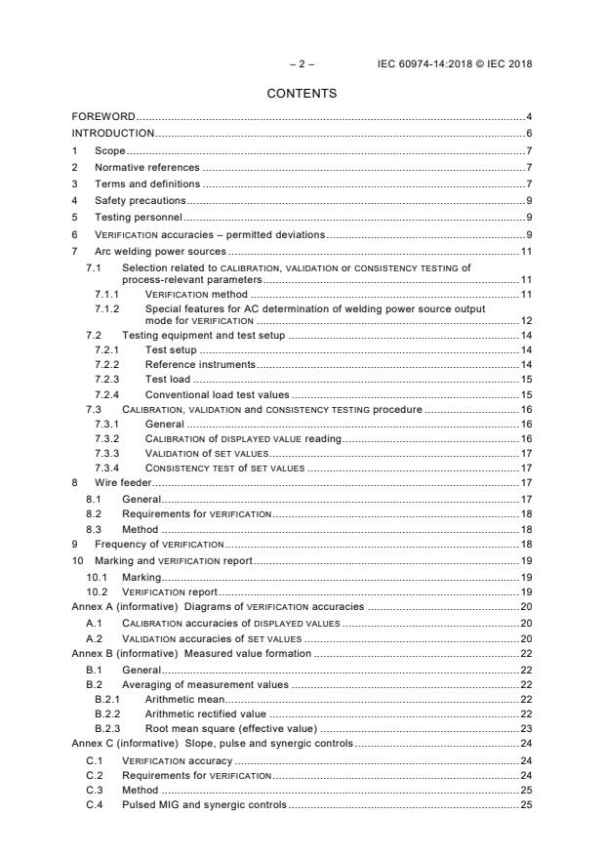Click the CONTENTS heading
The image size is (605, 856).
302,94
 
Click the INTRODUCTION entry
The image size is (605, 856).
113,133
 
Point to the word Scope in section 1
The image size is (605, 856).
109,151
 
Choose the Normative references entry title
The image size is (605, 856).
146,167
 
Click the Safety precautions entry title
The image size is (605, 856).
140,200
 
